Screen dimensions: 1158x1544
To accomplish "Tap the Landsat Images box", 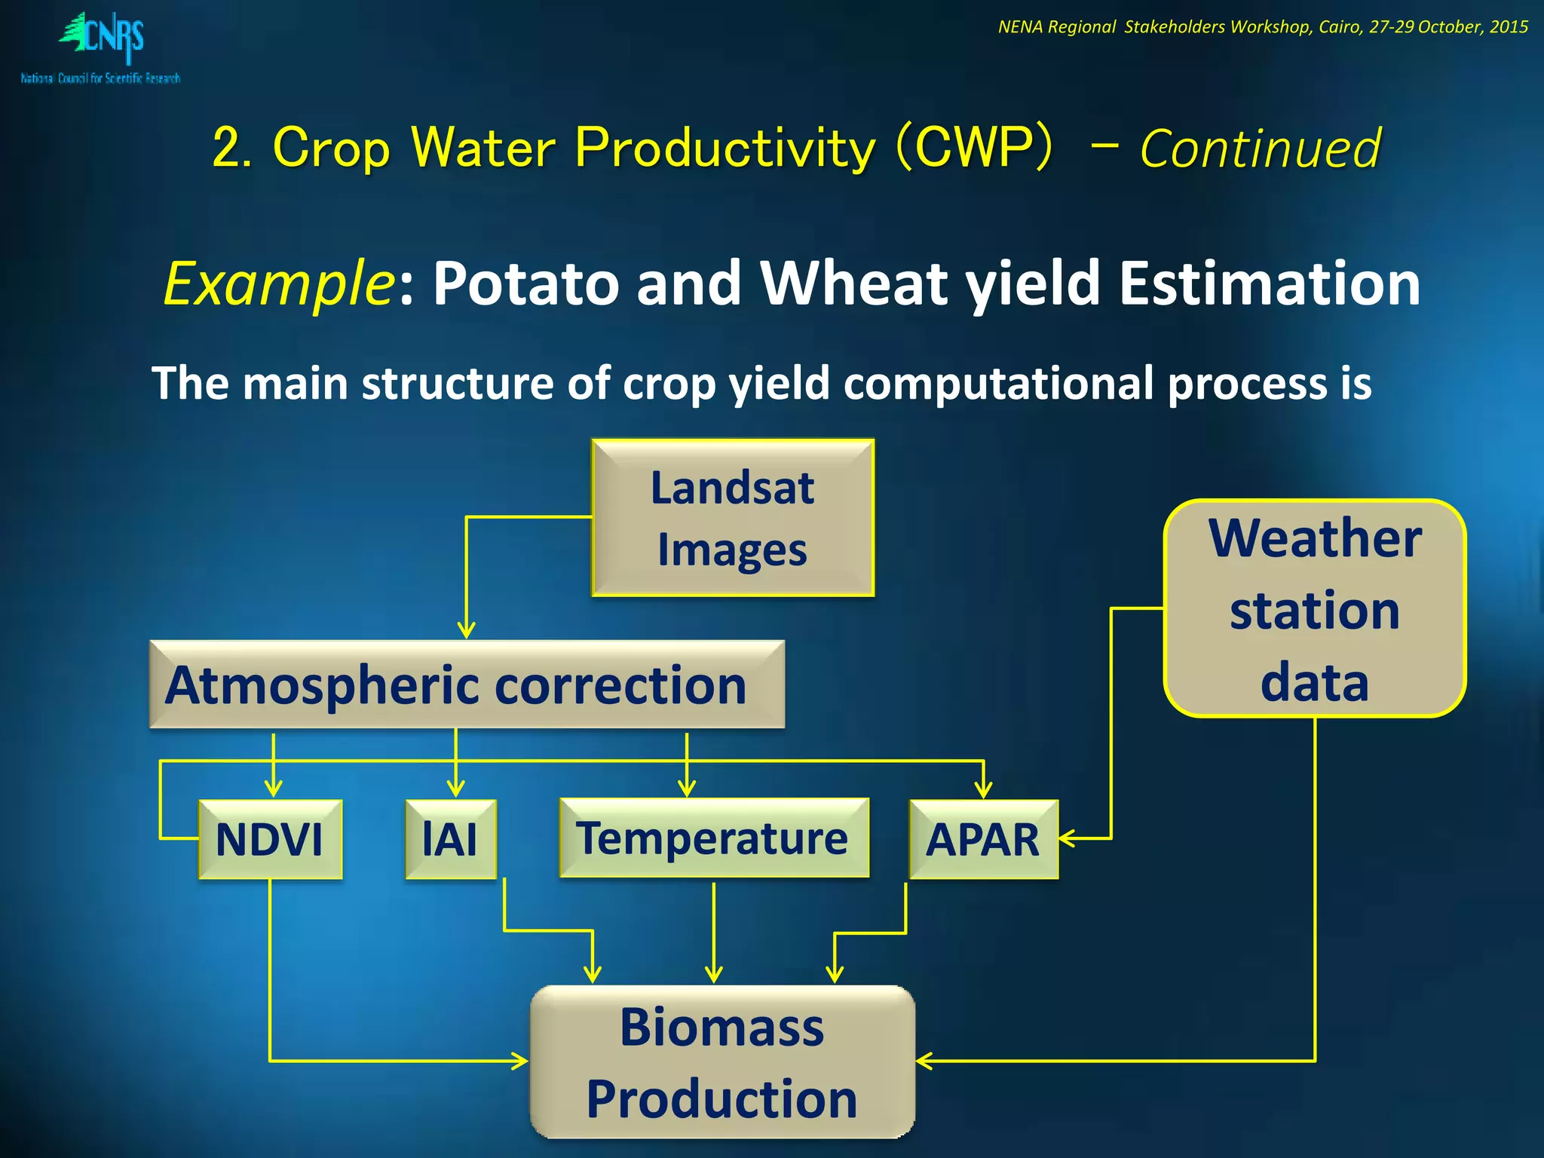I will pyautogui.click(x=732, y=518).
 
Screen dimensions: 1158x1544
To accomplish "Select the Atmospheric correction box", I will pyautogui.click(x=467, y=685).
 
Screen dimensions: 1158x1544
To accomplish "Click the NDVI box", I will pyautogui.click(x=270, y=839).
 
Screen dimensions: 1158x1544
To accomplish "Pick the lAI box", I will pyautogui.click(x=451, y=839).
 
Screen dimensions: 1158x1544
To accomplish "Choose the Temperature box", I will pyautogui.click(x=713, y=838).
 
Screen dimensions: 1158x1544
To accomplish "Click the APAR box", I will pyautogui.click(x=983, y=839).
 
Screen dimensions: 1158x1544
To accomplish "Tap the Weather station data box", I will pyautogui.click(x=1314, y=608).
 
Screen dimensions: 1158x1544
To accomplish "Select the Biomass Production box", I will pyautogui.click(x=722, y=1061).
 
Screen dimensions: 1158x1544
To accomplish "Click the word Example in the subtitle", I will pyautogui.click(x=277, y=283).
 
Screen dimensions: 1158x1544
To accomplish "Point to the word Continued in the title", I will pyautogui.click(x=1260, y=149).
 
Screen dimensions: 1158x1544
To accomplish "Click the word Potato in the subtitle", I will pyautogui.click(x=525, y=283).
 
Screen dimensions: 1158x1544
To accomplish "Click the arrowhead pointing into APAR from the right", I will pyautogui.click(x=1066, y=838).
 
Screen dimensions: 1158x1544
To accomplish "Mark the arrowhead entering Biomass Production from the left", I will pyautogui.click(x=520, y=1061).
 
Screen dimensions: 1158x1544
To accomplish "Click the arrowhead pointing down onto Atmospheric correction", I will pyautogui.click(x=467, y=630).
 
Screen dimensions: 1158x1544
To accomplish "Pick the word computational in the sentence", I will pyautogui.click(x=998, y=383).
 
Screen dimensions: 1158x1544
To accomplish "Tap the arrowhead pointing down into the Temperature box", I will pyautogui.click(x=686, y=789).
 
